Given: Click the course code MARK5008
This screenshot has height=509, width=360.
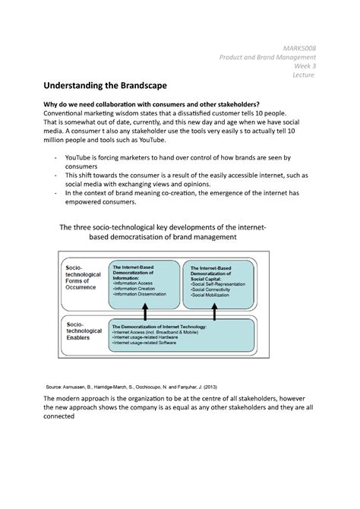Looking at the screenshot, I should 299,49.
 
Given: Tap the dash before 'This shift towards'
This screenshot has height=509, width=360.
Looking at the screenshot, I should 55,175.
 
